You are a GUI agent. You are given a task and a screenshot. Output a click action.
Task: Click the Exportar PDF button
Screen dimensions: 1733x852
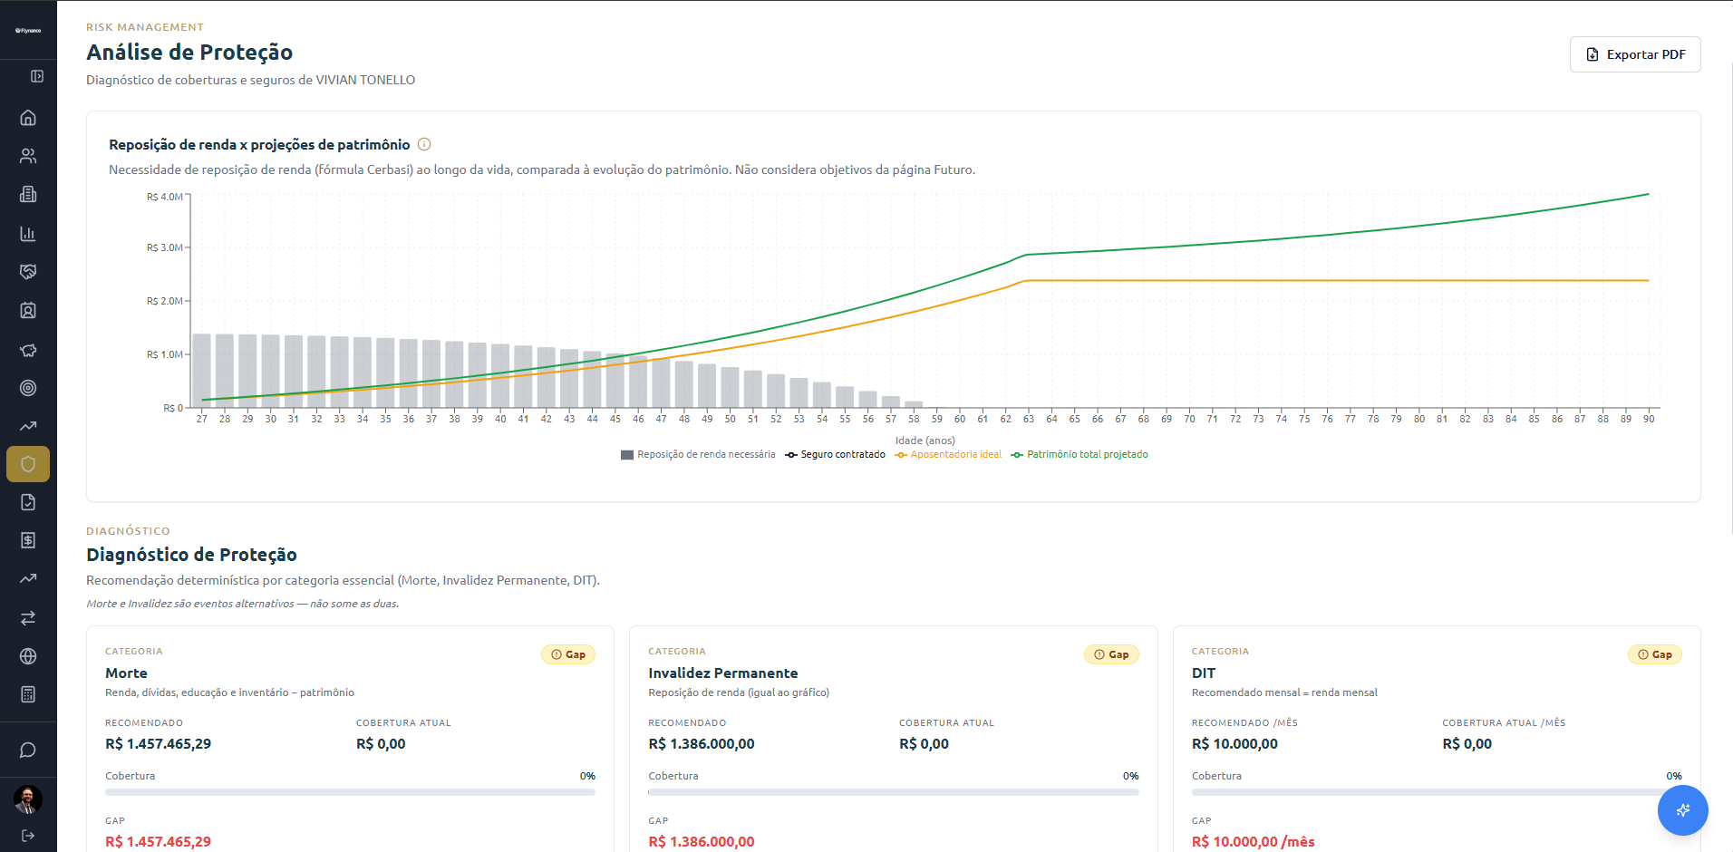[x=1635, y=54]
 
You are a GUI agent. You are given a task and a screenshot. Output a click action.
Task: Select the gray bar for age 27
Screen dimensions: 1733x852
[x=202, y=371]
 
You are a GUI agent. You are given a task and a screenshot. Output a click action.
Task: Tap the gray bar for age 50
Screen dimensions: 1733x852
[x=731, y=387]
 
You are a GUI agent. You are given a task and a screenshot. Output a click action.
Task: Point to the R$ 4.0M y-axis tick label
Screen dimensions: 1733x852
[x=165, y=197]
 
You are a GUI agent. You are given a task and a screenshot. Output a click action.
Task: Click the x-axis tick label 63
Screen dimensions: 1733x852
[x=1029, y=419]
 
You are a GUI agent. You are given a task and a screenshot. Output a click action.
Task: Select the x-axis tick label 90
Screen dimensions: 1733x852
[x=1649, y=419]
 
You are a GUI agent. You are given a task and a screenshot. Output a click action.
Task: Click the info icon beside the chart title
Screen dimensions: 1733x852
[x=424, y=144]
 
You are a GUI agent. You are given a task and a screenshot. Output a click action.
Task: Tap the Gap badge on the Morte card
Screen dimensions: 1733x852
[x=568, y=654]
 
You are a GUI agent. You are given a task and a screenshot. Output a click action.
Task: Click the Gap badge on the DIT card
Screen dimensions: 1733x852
[x=1654, y=654]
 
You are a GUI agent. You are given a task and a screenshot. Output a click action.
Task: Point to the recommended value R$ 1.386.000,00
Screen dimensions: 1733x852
[x=702, y=744]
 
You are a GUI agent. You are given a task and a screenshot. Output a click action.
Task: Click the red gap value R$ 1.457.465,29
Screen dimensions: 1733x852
[x=158, y=842]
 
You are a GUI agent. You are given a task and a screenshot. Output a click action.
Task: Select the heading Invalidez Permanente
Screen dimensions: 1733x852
[x=723, y=673]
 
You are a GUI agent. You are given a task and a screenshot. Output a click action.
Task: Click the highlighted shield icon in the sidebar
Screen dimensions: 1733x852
[x=28, y=464]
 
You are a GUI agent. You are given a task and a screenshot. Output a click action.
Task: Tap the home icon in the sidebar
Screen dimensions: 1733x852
[x=28, y=118]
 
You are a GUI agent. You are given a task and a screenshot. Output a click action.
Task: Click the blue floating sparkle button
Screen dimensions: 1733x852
[x=1683, y=810]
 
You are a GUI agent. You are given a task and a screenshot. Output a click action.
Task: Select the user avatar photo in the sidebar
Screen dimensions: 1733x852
[x=28, y=799]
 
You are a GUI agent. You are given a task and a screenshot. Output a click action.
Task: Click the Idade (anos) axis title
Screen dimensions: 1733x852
[x=925, y=441]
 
